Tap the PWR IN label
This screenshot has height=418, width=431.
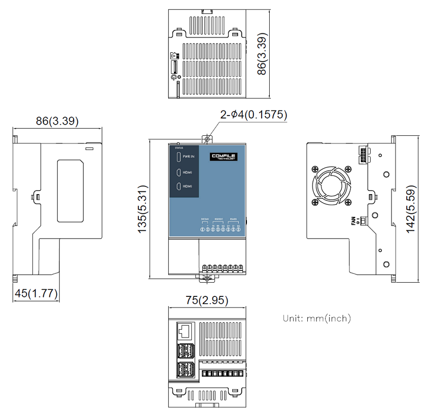point(189,157)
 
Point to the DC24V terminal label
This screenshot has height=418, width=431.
point(204,219)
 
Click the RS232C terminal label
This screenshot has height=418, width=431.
point(219,219)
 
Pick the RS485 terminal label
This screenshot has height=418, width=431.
point(233,219)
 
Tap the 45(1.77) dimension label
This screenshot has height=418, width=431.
point(35,293)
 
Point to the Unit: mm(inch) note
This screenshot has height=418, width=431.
point(316,319)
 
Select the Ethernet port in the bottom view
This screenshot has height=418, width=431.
point(185,331)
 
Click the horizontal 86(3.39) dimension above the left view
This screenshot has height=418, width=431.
point(57,122)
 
